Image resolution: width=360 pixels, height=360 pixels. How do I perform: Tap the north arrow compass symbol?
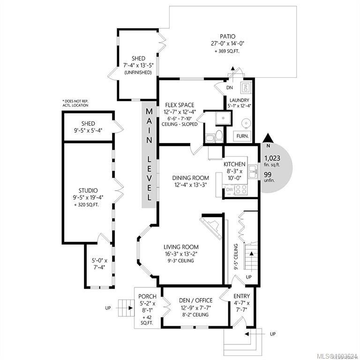(269, 137)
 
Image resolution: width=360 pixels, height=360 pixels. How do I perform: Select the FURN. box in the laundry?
(242, 135)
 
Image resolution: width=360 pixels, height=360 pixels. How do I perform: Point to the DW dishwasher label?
(229, 189)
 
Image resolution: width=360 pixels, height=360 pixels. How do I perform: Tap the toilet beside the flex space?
(218, 136)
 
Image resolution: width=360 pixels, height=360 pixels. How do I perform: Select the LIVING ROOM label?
(181, 247)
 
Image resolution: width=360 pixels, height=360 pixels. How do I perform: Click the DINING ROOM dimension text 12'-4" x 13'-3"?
(190, 185)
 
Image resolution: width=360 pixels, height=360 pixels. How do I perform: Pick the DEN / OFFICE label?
(195, 300)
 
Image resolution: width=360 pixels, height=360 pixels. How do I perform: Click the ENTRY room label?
(241, 296)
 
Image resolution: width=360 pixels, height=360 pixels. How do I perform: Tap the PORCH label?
(148, 297)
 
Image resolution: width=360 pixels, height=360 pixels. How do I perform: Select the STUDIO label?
(88, 190)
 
